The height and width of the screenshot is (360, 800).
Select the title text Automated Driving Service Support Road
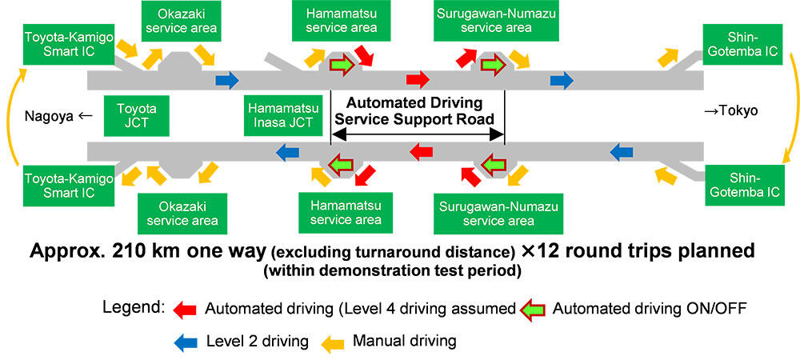click(x=417, y=110)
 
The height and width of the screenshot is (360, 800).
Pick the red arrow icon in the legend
click(x=186, y=309)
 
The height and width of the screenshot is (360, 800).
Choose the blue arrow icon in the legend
click(x=186, y=341)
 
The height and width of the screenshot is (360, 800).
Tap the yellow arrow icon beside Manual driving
click(x=333, y=341)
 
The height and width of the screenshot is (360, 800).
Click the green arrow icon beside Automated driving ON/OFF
click(x=534, y=309)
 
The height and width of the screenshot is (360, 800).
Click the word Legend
click(x=134, y=309)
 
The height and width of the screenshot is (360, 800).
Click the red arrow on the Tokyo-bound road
click(x=417, y=79)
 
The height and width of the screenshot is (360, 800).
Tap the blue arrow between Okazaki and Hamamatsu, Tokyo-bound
click(x=227, y=79)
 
